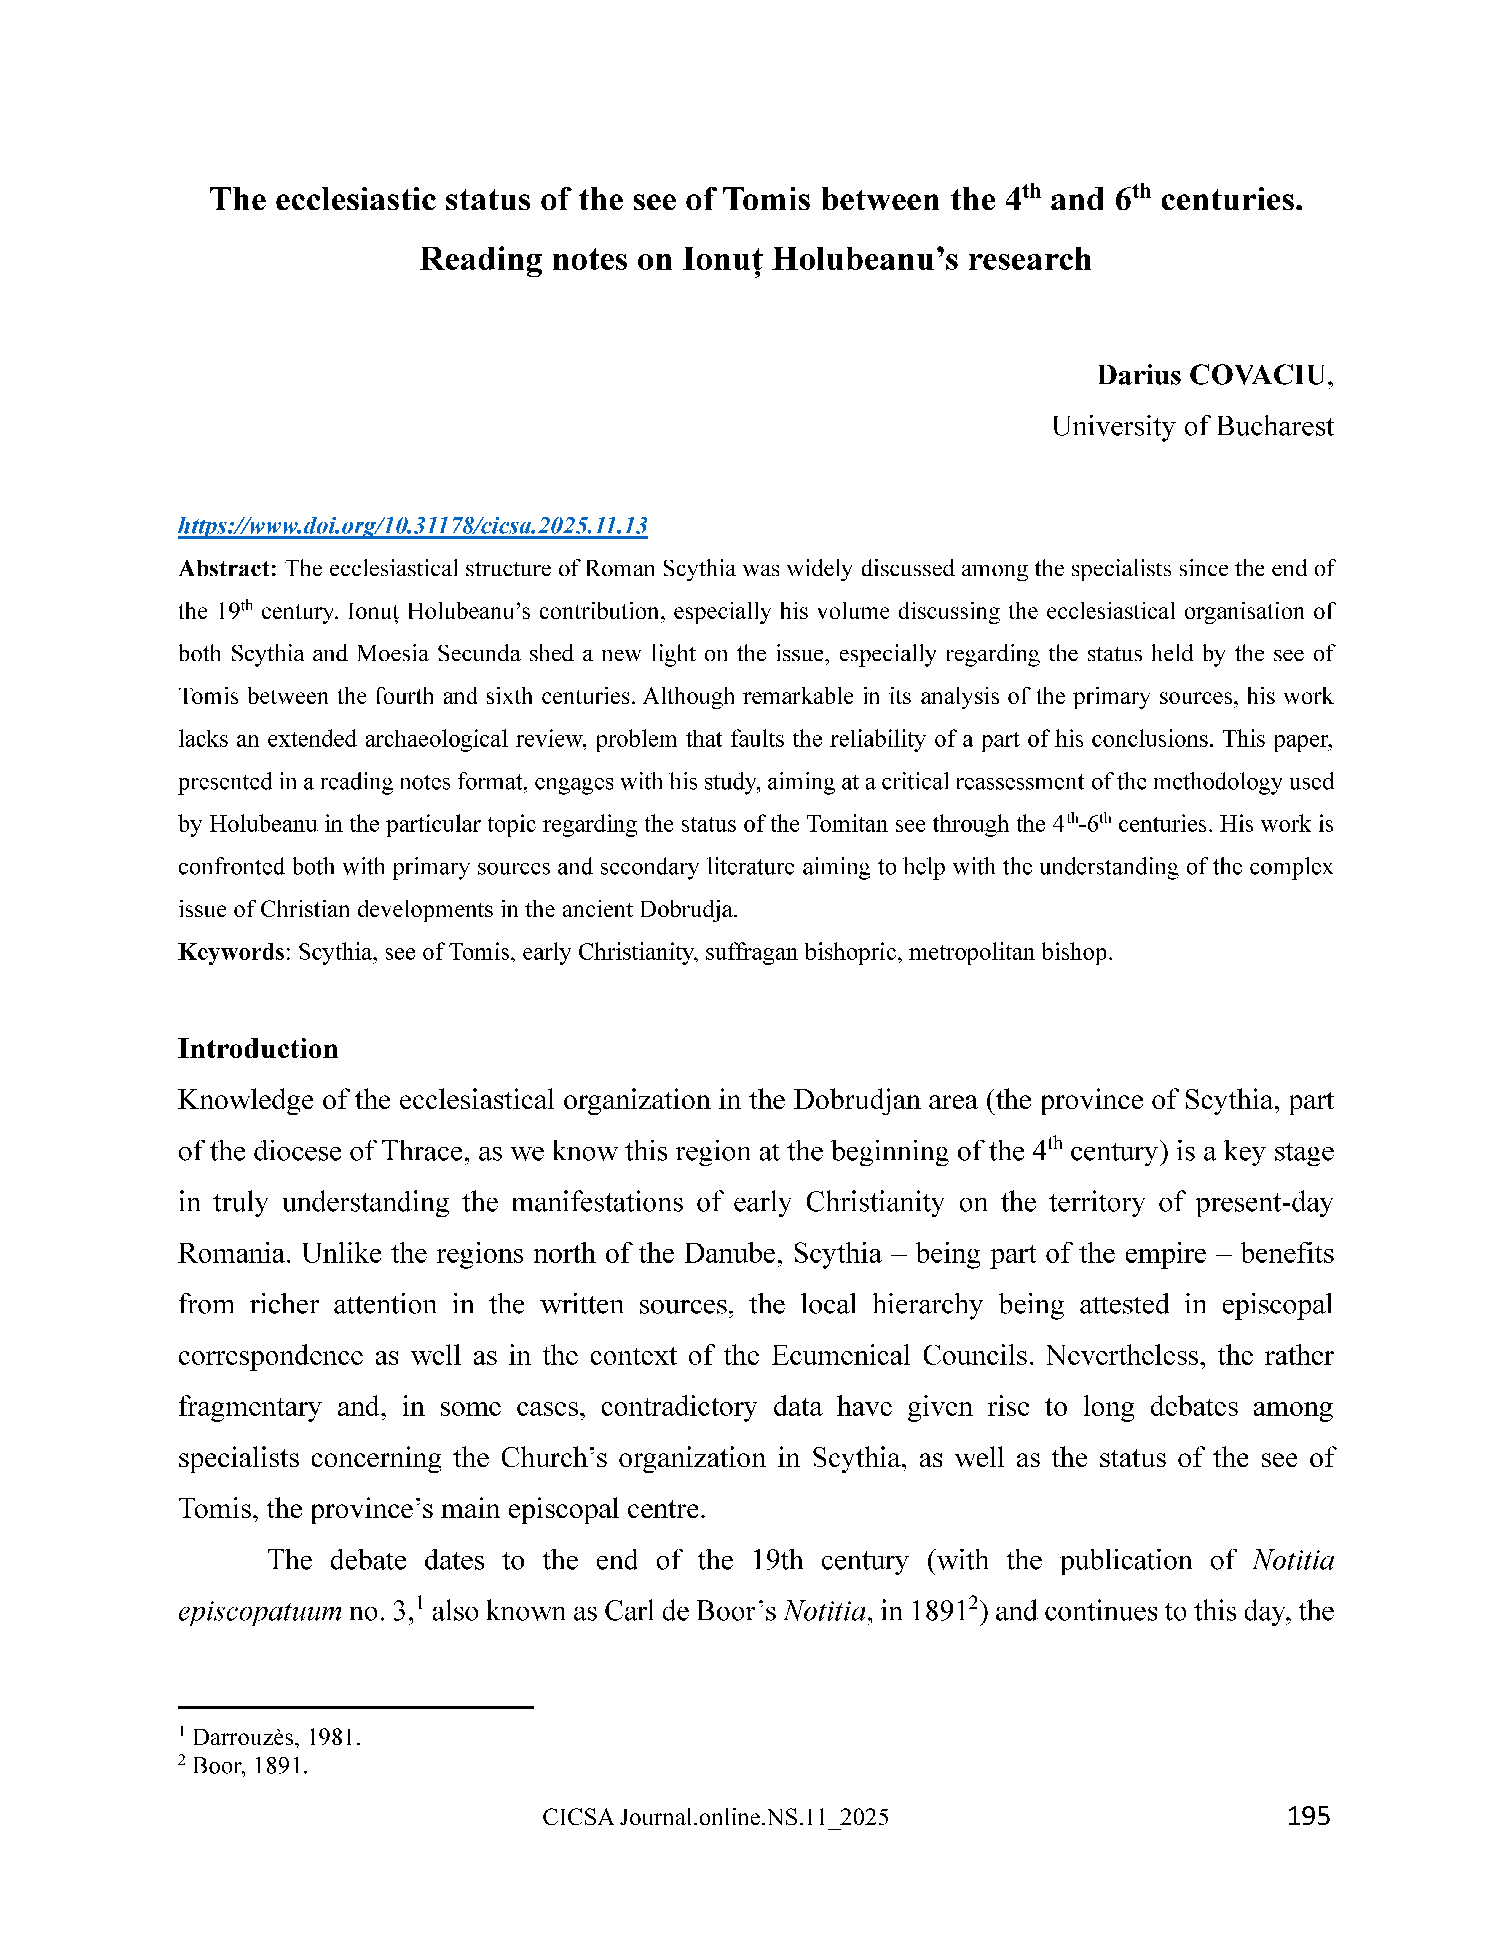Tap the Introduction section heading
tap(258, 1049)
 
